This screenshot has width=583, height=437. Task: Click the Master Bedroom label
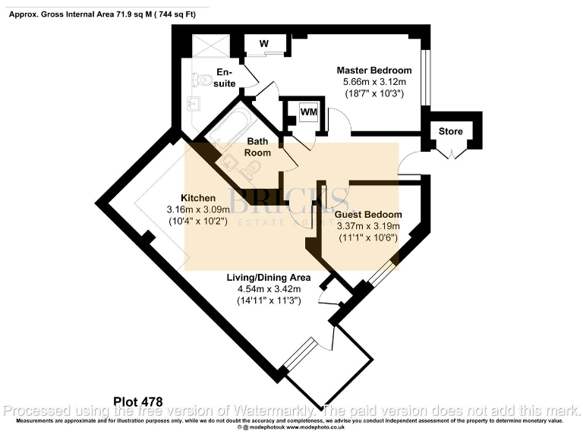(374, 71)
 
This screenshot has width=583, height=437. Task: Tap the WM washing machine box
(308, 112)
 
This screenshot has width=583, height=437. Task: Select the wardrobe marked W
(264, 44)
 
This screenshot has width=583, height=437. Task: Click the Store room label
(451, 131)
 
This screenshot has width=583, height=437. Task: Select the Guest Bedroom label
(368, 215)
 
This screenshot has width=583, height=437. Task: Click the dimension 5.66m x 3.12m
(372, 82)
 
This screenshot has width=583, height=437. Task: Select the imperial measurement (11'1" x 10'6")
(367, 237)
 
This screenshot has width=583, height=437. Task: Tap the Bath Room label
(257, 146)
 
